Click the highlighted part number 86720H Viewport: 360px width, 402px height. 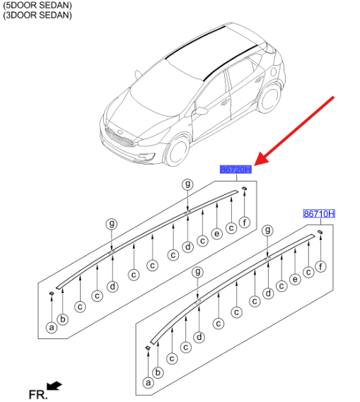[x=236, y=170]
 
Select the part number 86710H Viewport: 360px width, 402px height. [x=319, y=213]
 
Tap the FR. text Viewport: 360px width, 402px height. [x=38, y=394]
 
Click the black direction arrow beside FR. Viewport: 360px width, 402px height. [x=54, y=386]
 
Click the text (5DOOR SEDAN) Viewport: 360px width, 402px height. [x=37, y=5]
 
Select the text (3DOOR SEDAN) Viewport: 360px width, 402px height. [x=37, y=15]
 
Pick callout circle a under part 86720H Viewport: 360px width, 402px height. [x=52, y=327]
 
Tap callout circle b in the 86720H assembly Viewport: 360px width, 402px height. [x=63, y=319]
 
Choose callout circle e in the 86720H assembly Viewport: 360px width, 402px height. [x=217, y=234]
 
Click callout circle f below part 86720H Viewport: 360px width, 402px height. [x=245, y=222]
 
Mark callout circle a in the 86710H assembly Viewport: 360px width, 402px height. [x=148, y=383]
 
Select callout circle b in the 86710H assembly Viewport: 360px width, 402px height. [x=158, y=372]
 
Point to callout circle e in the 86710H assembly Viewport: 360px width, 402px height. [x=295, y=280]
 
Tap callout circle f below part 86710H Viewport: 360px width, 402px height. [x=320, y=266]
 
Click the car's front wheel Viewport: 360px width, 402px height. [x=177, y=150]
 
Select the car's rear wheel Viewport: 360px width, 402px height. [x=269, y=98]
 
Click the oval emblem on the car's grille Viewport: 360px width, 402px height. [x=120, y=132]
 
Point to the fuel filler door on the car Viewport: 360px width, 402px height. [x=274, y=72]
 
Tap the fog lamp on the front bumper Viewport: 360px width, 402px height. [x=144, y=156]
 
